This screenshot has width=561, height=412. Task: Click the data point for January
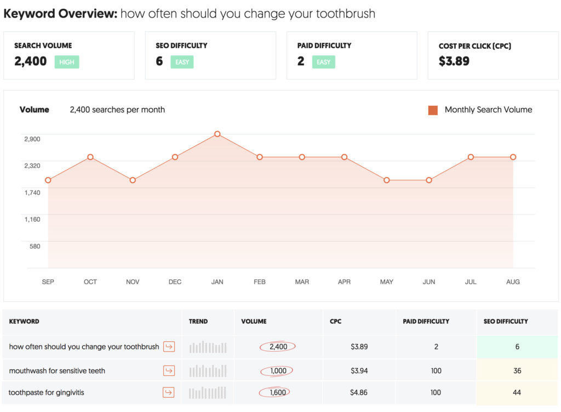(x=217, y=134)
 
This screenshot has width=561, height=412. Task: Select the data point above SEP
(x=48, y=180)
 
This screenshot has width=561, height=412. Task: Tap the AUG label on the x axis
(x=513, y=281)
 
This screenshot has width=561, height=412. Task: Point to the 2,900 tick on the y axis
(x=32, y=139)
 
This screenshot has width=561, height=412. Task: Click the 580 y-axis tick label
(x=35, y=246)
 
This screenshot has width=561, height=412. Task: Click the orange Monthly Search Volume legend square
(x=433, y=110)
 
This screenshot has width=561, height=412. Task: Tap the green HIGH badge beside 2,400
(x=67, y=62)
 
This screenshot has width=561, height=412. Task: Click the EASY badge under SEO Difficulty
(x=182, y=62)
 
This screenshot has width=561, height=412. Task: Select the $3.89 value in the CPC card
(x=454, y=61)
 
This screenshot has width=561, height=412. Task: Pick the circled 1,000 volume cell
(x=278, y=371)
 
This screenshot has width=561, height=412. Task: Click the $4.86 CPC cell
(x=359, y=393)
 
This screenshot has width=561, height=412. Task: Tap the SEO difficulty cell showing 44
(x=517, y=393)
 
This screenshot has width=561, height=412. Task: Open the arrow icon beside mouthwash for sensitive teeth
(x=169, y=371)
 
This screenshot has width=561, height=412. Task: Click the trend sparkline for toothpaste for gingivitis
(x=208, y=393)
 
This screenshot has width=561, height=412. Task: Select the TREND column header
(x=198, y=321)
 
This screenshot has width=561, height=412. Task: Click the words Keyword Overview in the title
(x=60, y=14)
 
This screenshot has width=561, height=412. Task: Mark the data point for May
(x=387, y=180)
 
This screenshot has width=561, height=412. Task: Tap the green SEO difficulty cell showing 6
(x=517, y=347)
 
